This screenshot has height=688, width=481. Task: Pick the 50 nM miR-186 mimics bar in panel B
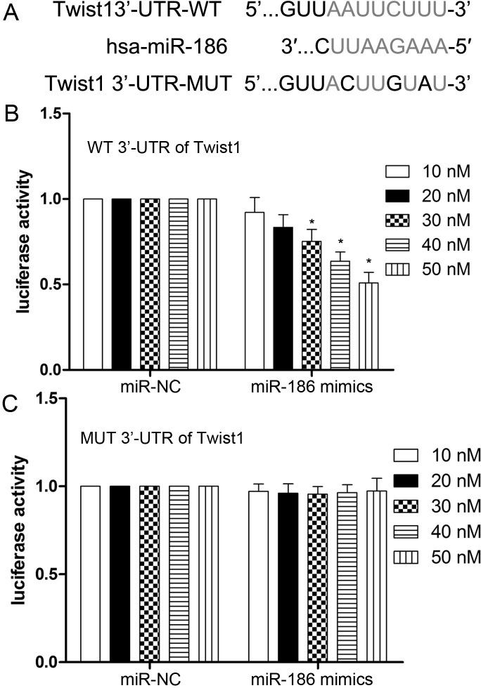tap(369, 326)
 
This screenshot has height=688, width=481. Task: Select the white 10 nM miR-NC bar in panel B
tap(93, 284)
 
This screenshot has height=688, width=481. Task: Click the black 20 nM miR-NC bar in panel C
tap(122, 574)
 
